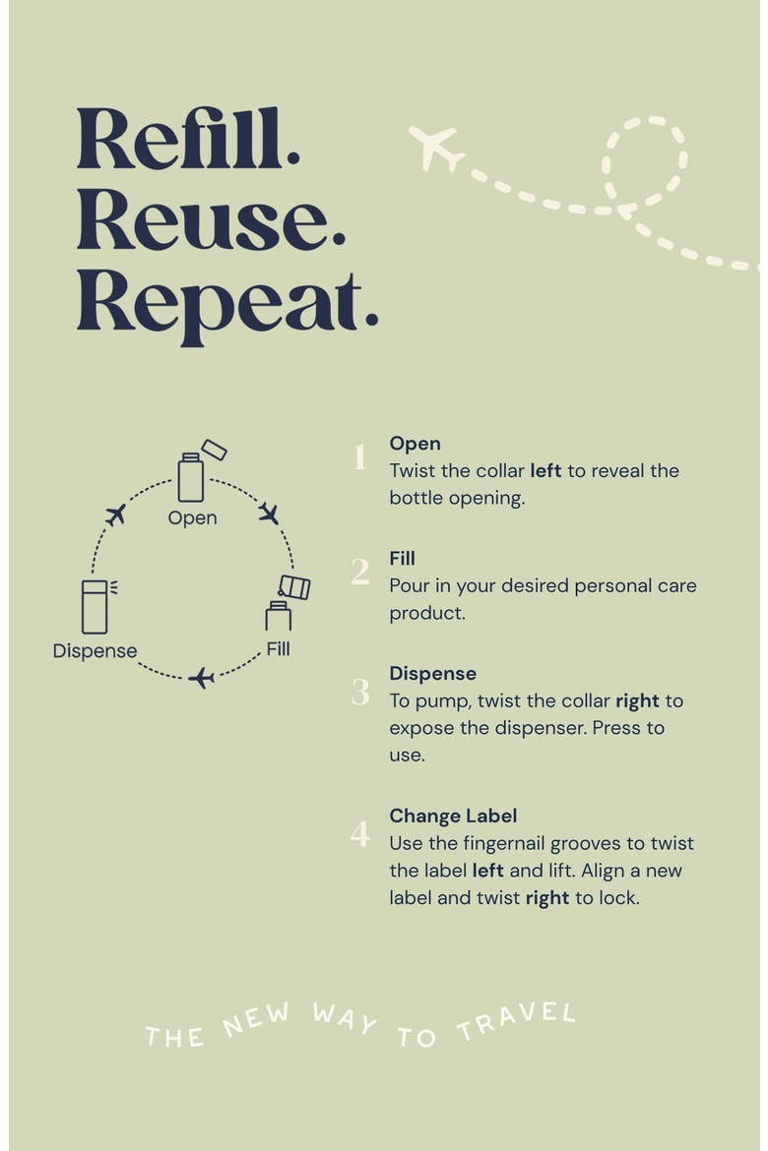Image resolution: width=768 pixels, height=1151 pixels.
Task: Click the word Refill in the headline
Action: click(x=187, y=139)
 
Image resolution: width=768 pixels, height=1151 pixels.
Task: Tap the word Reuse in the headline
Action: click(x=211, y=219)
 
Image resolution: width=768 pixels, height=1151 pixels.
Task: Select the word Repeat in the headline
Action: click(x=227, y=305)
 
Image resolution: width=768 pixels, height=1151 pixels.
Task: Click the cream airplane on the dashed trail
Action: click(x=436, y=148)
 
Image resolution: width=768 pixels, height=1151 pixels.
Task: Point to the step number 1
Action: click(x=359, y=456)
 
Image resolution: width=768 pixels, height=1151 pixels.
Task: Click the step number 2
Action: click(x=360, y=572)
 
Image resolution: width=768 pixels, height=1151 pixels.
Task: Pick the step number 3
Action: click(x=360, y=693)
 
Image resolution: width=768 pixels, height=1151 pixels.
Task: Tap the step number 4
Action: click(x=360, y=833)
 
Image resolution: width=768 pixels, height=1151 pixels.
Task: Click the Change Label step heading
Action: click(x=453, y=817)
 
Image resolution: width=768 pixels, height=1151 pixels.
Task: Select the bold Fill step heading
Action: click(x=402, y=559)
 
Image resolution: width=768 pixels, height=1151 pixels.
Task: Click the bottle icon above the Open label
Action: click(x=191, y=477)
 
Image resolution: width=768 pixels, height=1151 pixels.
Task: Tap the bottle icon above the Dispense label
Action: click(x=95, y=606)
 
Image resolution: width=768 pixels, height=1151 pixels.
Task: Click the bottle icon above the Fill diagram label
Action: click(x=279, y=616)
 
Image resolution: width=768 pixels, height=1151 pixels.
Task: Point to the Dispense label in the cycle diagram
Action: click(x=95, y=651)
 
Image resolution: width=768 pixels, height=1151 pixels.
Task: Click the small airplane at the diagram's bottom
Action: click(x=201, y=678)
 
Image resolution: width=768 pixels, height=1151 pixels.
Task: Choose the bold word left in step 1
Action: click(x=546, y=470)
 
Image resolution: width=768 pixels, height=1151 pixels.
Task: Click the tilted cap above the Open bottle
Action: click(x=214, y=450)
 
